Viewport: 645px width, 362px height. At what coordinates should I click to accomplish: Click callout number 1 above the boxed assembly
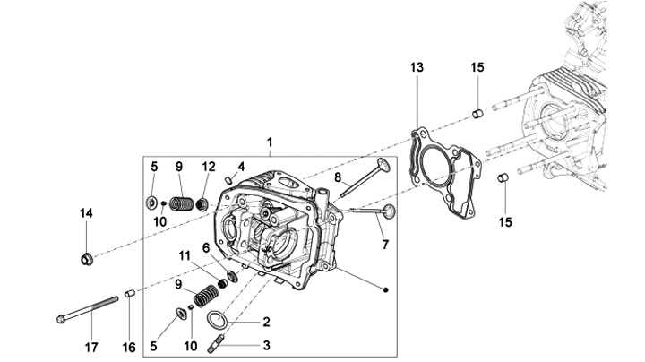point(269,142)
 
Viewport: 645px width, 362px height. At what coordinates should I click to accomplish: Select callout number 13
point(416,68)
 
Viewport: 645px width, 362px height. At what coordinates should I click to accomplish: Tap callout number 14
point(86,212)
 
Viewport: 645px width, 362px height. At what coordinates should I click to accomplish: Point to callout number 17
point(90,347)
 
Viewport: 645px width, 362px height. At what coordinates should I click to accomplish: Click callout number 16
point(129,347)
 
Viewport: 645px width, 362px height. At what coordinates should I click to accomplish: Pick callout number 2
point(265,321)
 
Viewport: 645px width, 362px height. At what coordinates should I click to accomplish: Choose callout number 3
point(265,344)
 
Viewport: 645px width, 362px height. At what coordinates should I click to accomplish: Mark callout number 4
point(241,166)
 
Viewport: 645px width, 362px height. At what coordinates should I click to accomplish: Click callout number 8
point(338,177)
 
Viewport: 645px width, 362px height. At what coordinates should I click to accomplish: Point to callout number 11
point(183,256)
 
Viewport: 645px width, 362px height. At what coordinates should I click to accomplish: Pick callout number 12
point(209,166)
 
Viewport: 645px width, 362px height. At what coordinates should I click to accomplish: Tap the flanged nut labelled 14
point(87,261)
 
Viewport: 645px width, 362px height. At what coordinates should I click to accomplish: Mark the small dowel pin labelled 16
point(129,293)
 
